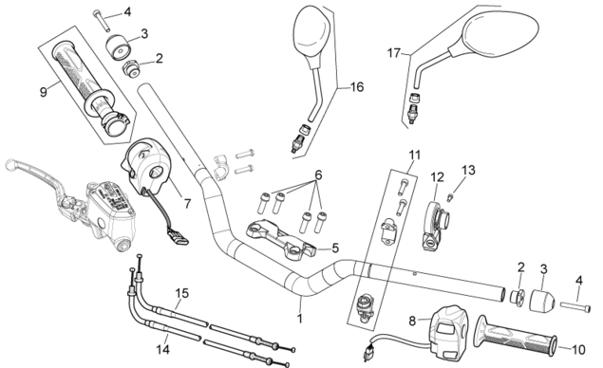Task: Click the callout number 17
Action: pyautogui.click(x=394, y=53)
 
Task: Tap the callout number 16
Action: pyautogui.click(x=357, y=87)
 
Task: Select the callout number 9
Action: pyautogui.click(x=43, y=92)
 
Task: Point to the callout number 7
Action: pyautogui.click(x=187, y=204)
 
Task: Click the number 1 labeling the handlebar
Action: pyautogui.click(x=300, y=319)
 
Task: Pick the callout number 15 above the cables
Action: pyautogui.click(x=182, y=293)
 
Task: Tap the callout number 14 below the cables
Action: pyautogui.click(x=162, y=349)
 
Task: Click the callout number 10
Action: pyautogui.click(x=578, y=350)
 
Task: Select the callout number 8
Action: pyautogui.click(x=412, y=321)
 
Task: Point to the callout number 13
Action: pyautogui.click(x=468, y=170)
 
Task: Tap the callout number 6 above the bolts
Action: pyautogui.click(x=318, y=175)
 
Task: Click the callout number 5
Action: pyautogui.click(x=335, y=248)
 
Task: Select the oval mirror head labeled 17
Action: pyautogui.click(x=501, y=32)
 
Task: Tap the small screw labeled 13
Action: pyautogui.click(x=449, y=198)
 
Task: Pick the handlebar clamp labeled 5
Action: pyautogui.click(x=281, y=238)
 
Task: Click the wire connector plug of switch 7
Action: pyautogui.click(x=178, y=237)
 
